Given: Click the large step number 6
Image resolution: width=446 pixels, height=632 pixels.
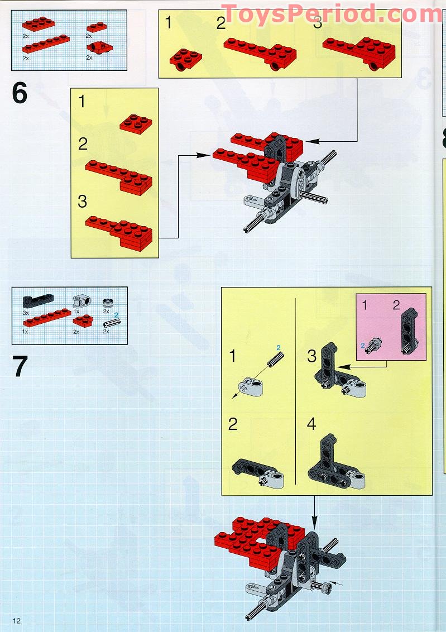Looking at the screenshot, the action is (20, 93).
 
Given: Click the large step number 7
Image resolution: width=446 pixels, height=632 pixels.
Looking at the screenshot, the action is (20, 366).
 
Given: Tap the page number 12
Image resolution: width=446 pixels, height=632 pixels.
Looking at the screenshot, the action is (17, 620).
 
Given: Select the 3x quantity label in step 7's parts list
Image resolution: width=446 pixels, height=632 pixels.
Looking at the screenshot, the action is (25, 313).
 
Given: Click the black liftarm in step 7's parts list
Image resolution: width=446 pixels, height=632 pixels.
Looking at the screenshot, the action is (37, 300).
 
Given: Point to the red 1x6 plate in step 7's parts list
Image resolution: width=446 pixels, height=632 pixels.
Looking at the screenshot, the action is (47, 317).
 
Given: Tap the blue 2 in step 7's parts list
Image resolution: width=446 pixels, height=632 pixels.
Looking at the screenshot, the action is (117, 315).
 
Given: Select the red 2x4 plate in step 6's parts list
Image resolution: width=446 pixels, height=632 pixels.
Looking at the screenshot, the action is (39, 24).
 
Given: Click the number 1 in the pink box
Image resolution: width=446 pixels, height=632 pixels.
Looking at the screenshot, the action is (365, 305).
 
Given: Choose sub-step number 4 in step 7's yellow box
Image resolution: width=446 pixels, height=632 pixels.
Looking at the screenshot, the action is (311, 424).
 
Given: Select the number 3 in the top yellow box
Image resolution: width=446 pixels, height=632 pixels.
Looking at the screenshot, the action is (318, 23).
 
